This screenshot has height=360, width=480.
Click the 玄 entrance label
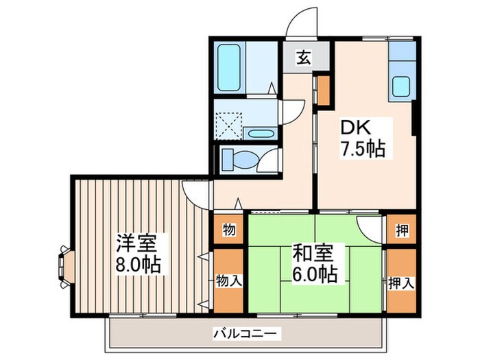tap(303, 58)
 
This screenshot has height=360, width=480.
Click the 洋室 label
tap(137, 243)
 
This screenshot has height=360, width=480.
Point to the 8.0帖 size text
tap(139, 264)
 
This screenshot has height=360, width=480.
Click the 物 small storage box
tap(229, 230)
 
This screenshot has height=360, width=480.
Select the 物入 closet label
tap(229, 280)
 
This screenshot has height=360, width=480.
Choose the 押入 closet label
tap(400, 281)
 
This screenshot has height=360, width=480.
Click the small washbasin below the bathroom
tap(260, 133)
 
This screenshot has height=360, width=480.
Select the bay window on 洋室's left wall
tap(65, 264)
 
